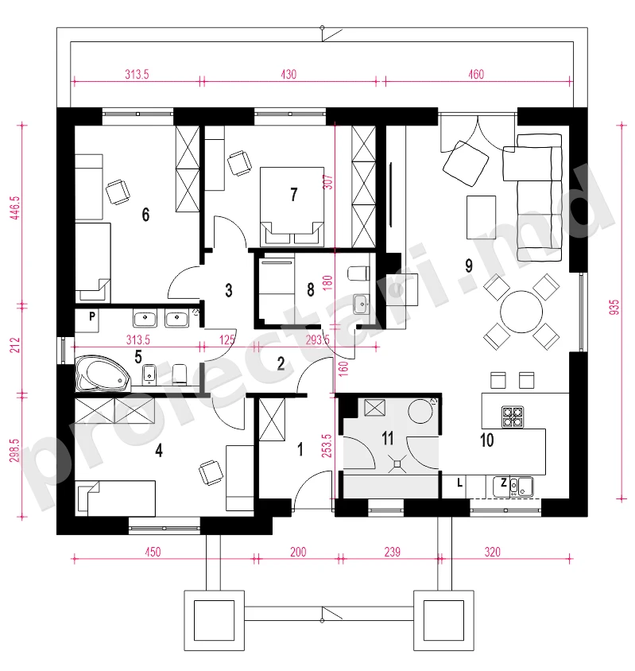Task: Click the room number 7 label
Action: [293, 195]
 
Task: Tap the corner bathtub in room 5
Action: [103, 373]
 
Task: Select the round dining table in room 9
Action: [521, 312]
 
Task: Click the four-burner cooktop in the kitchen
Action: [513, 417]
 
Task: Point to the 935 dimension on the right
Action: [614, 308]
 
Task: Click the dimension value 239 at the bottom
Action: [392, 552]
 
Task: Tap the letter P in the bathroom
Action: [92, 316]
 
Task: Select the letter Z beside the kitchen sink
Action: [504, 483]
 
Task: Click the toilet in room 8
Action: [358, 273]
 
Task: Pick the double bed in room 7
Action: [292, 206]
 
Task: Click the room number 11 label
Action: [387, 438]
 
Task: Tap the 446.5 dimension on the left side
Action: [15, 208]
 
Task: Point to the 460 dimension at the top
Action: [476, 75]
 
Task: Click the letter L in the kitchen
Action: [459, 483]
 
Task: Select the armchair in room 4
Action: [211, 472]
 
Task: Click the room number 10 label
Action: [487, 440]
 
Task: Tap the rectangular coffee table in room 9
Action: [481, 217]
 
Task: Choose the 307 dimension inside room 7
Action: [328, 182]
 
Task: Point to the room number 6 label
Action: [145, 215]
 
